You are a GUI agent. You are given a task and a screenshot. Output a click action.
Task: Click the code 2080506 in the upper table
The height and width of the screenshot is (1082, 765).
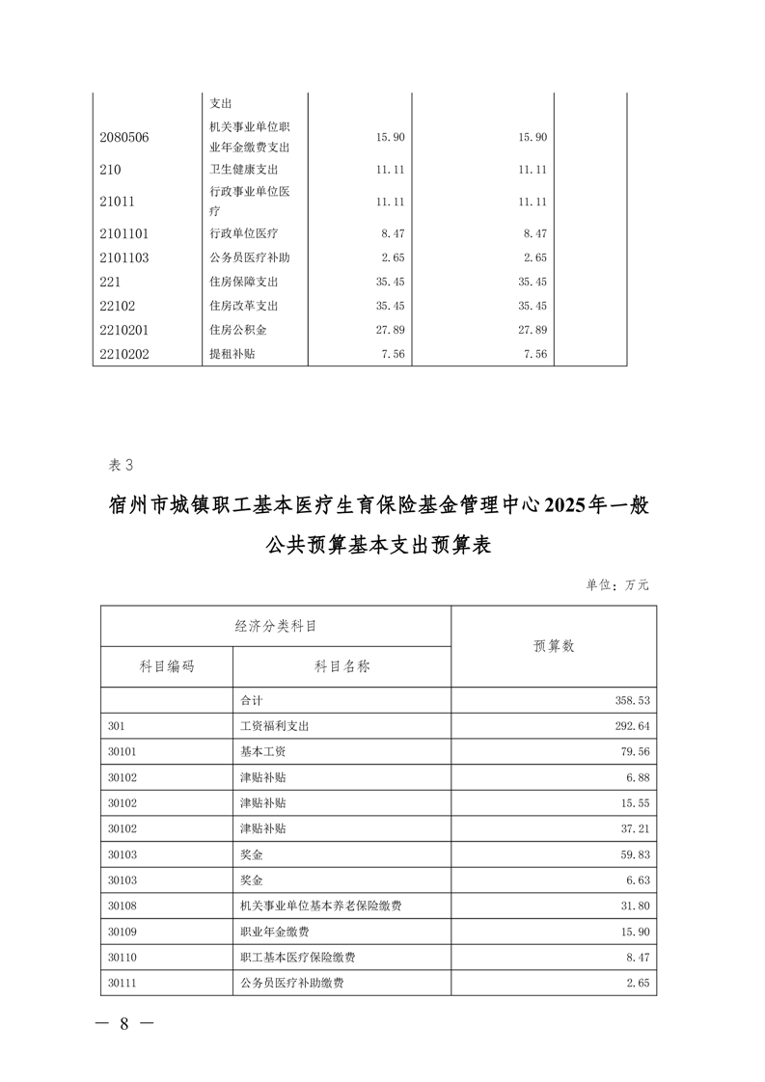tap(124, 137)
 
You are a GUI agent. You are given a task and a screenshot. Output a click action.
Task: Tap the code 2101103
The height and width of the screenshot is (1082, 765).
tap(124, 257)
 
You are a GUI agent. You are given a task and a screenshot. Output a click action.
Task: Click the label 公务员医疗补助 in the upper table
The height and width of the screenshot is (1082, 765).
tap(249, 257)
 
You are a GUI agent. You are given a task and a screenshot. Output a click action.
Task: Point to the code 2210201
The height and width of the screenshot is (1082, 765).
tap(124, 330)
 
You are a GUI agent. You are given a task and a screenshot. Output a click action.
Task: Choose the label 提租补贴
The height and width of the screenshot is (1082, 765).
tap(232, 354)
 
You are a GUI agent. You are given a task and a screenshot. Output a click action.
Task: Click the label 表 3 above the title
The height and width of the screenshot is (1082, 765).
tap(124, 465)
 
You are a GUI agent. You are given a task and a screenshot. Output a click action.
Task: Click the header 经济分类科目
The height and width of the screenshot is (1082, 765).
tap(276, 626)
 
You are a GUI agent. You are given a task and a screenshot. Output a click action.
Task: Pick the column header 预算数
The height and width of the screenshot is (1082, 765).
tap(554, 646)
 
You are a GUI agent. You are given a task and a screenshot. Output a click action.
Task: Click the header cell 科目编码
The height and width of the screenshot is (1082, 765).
tap(167, 666)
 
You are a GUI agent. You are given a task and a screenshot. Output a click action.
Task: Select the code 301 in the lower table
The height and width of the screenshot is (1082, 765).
tap(117, 726)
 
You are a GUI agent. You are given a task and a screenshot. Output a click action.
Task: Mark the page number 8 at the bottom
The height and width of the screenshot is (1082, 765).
tap(123, 1024)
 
